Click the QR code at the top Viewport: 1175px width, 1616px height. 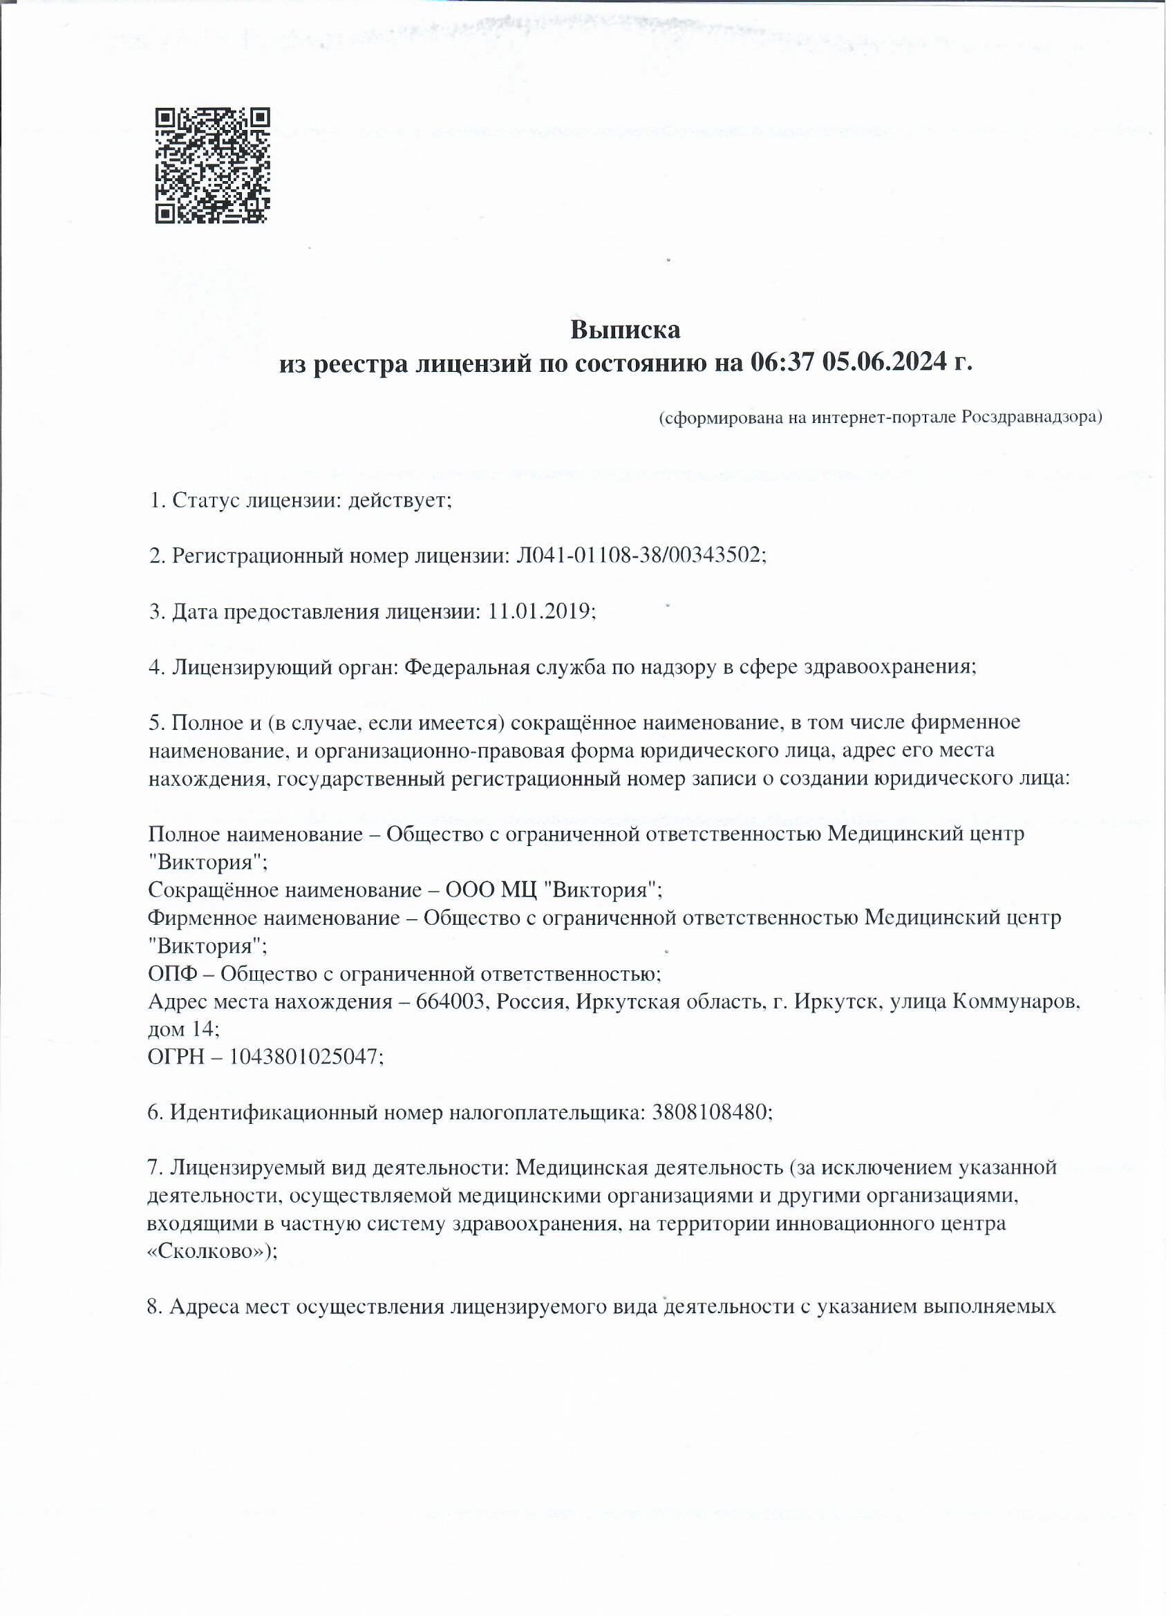tap(212, 165)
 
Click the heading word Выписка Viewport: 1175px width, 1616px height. tap(625, 330)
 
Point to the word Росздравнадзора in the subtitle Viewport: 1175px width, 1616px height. tap(1031, 417)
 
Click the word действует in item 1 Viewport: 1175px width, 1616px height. tap(399, 500)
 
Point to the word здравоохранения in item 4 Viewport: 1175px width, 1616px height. tap(890, 667)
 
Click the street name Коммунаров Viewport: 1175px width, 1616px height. tap(1015, 1002)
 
